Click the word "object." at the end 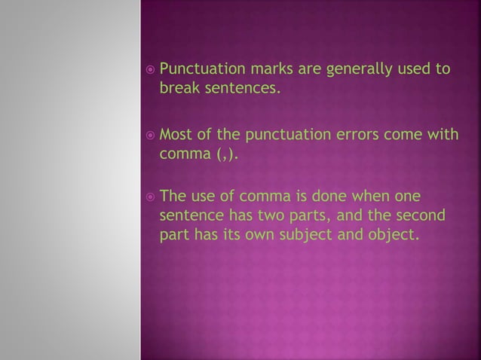point(394,235)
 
